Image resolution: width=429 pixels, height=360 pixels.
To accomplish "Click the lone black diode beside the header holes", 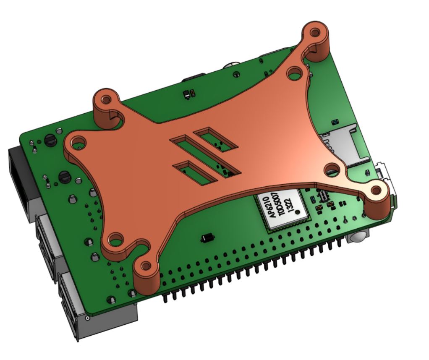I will pos(207,238).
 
